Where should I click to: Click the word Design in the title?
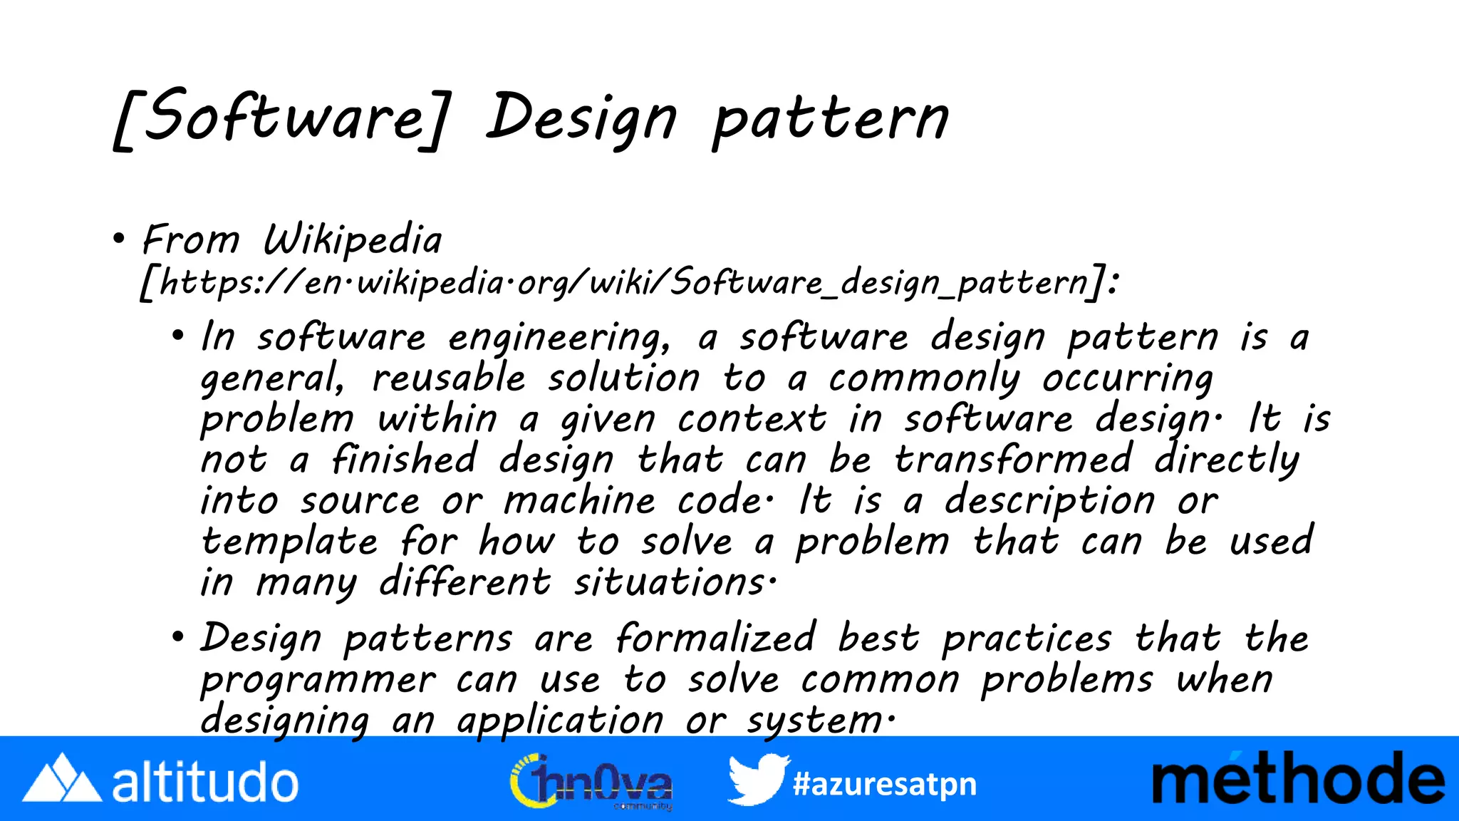[581, 118]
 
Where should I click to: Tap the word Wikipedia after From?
[353, 240]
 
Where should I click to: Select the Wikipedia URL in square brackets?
[628, 283]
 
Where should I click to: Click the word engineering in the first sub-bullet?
[559, 338]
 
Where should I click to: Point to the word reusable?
[448, 378]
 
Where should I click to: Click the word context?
[752, 419]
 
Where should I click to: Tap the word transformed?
[1013, 460]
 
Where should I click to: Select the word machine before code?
[579, 500]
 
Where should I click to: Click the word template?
[289, 542]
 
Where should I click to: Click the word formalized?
[715, 638]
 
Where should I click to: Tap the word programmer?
[318, 680]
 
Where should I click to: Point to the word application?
[560, 720]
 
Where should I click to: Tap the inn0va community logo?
[591, 782]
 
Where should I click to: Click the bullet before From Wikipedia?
[119, 239]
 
